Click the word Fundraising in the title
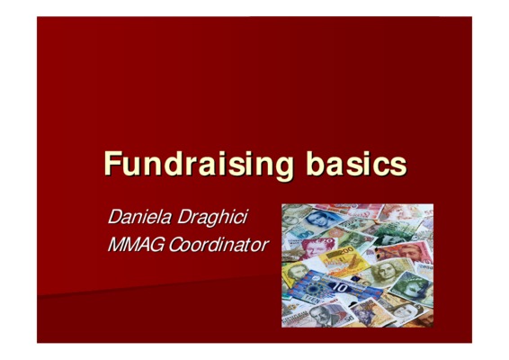pyautogui.click(x=199, y=165)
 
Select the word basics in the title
pyautogui.click(x=356, y=163)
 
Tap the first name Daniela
pyautogui.click(x=139, y=217)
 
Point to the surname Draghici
pyautogui.click(x=212, y=218)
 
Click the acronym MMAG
pyautogui.click(x=136, y=244)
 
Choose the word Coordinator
pyautogui.click(x=219, y=244)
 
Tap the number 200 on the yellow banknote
pyautogui.click(x=346, y=250)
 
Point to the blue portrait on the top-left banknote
pyautogui.click(x=317, y=220)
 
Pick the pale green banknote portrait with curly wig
pyautogui.click(x=385, y=273)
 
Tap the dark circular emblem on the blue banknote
pyautogui.click(x=314, y=288)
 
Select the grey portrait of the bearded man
pyautogui.click(x=319, y=314)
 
